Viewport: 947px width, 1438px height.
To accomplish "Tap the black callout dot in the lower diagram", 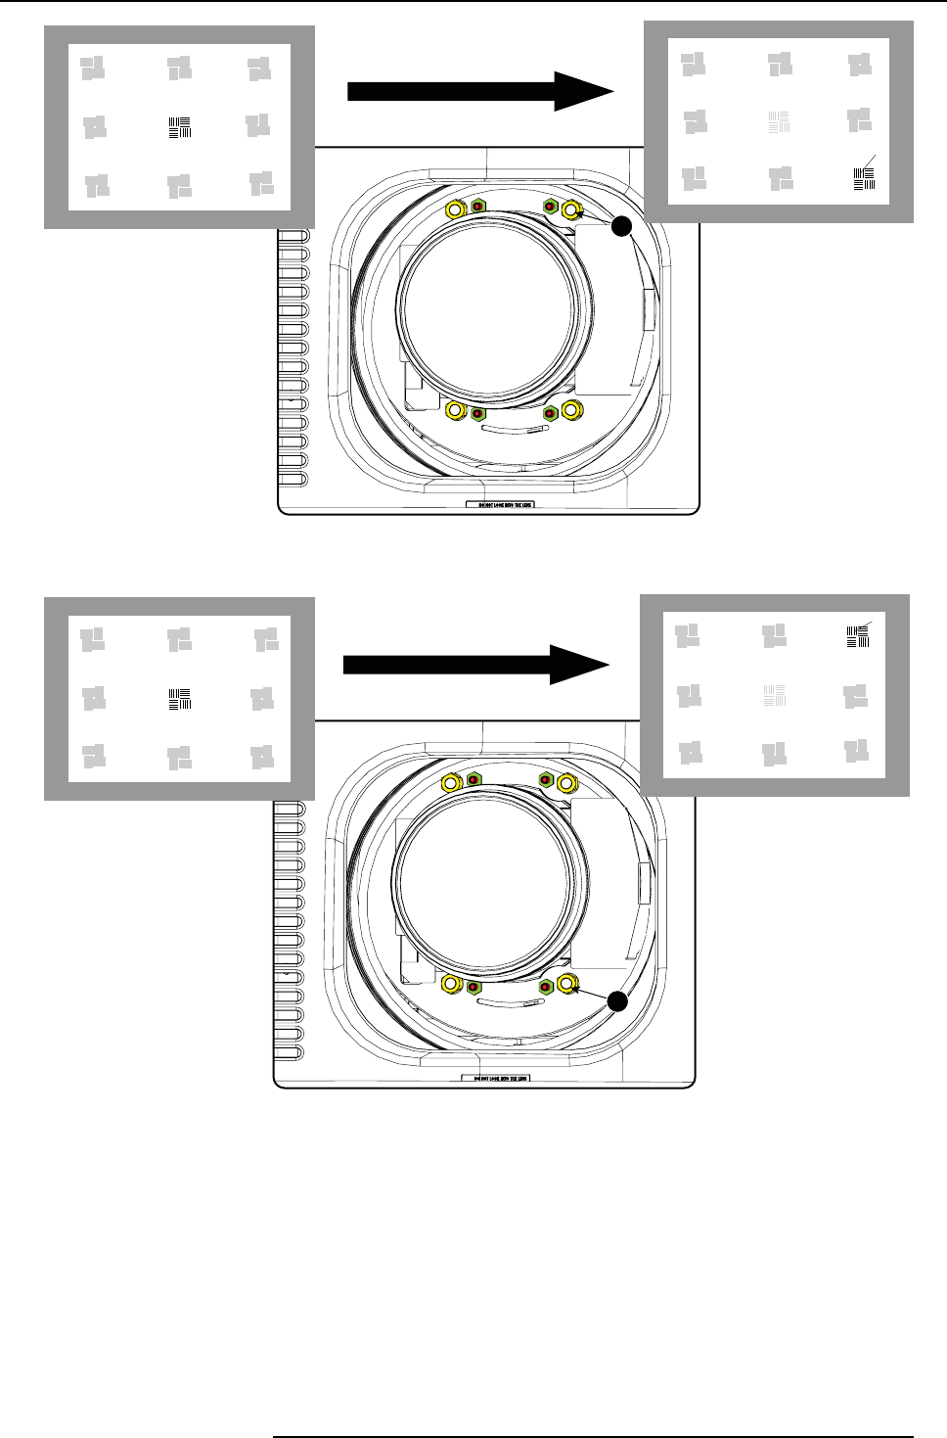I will [x=615, y=1001].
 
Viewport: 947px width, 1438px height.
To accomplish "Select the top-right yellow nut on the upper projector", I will [x=570, y=209].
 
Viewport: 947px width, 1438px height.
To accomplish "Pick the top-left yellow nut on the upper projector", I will [x=455, y=209].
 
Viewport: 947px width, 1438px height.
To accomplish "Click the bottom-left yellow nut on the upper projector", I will [x=454, y=411].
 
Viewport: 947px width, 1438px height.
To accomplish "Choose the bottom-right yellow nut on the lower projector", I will [x=566, y=984].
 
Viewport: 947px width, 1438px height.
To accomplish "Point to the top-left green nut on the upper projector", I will [x=478, y=207].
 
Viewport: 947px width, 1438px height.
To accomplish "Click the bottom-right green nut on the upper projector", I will [x=550, y=413].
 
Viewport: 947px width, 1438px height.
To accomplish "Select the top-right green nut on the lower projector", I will [x=546, y=780].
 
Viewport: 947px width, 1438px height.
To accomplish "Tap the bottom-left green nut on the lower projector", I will [x=473, y=986].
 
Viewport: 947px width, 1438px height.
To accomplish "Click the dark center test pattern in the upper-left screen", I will [x=180, y=126].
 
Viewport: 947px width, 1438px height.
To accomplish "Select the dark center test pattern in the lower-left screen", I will [x=180, y=699].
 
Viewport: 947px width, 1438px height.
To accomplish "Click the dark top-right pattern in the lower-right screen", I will [x=857, y=636].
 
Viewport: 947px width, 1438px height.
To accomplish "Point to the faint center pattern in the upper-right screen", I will [x=779, y=122].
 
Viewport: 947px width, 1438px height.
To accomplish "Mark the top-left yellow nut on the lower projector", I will [x=451, y=782].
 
